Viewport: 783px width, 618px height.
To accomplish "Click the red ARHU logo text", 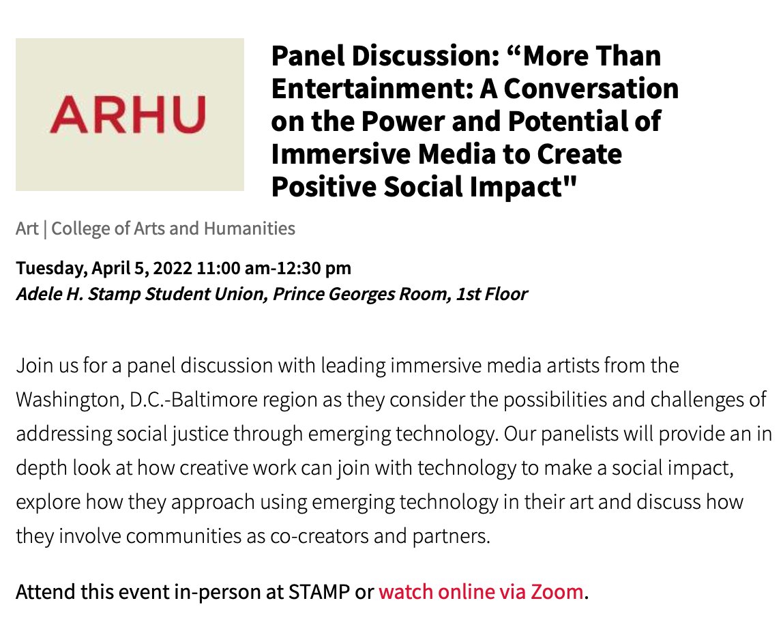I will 128,114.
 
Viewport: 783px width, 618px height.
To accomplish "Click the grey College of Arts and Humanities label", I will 173,229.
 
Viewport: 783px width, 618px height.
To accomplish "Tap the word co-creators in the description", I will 291,536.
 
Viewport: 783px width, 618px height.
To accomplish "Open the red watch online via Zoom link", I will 481,591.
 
